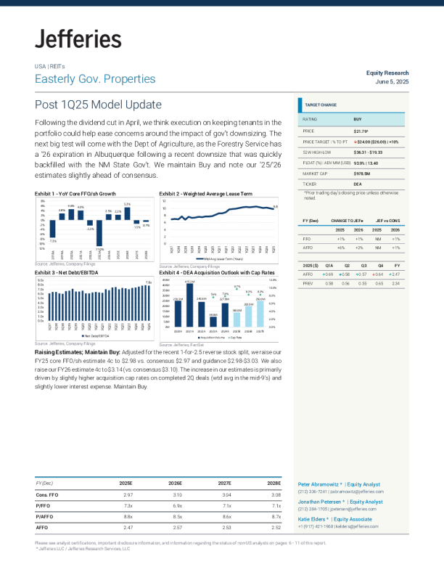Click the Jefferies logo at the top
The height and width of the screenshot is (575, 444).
[78, 38]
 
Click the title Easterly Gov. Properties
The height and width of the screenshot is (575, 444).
[95, 79]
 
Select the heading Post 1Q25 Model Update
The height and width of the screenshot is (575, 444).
[98, 105]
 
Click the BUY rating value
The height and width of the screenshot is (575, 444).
[358, 118]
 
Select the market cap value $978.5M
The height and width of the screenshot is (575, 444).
[364, 174]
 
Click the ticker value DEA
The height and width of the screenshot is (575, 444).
[358, 184]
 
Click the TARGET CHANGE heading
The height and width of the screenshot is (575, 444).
[321, 105]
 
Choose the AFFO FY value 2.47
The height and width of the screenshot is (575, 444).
[395, 274]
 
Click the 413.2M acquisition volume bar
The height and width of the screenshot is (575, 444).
[190, 305]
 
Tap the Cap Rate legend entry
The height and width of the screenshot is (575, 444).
[236, 338]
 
